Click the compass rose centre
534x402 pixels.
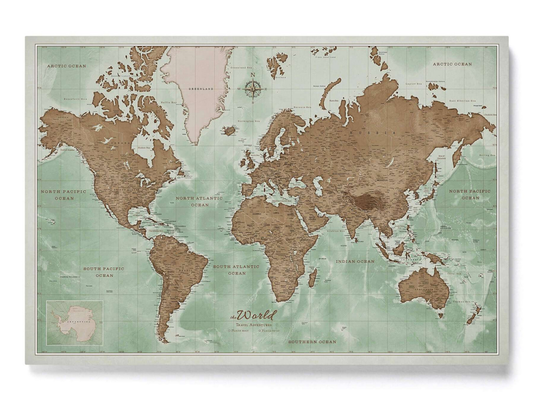253,89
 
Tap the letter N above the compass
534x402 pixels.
253,75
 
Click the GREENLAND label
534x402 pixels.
198,89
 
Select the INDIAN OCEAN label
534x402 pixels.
355,261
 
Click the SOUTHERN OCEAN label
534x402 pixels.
311,341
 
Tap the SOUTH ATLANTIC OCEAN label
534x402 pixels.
236,270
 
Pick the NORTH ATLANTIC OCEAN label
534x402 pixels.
199,201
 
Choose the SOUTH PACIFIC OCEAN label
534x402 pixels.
104,272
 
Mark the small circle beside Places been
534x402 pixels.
229,331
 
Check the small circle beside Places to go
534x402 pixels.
259,331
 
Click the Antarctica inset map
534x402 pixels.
74,323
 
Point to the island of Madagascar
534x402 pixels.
313,280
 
